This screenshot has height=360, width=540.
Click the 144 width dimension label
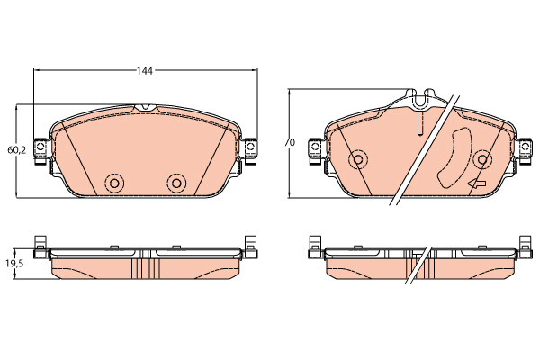[145, 71]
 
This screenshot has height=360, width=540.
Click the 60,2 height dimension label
[16, 150]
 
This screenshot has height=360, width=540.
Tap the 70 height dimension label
[290, 142]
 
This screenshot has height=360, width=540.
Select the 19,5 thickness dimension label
[14, 264]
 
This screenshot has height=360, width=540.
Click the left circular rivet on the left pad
[114, 184]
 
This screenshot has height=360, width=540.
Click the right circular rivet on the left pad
[176, 184]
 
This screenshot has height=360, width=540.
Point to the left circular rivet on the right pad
[358, 159]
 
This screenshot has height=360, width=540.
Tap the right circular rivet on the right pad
[482, 159]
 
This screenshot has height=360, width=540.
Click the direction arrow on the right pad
[477, 184]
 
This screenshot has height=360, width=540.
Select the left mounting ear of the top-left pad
[41, 151]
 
